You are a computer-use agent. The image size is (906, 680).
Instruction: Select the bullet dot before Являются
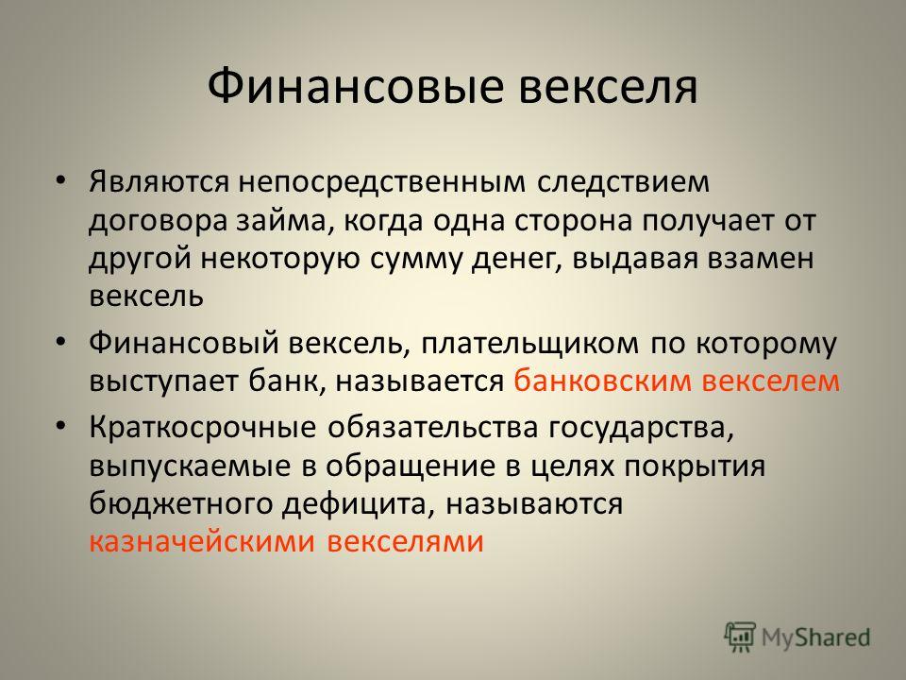click(60, 179)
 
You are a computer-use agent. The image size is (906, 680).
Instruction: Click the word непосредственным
click(382, 182)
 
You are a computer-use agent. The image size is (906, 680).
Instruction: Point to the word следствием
click(624, 182)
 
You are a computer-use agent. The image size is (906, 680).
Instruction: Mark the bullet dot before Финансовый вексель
click(60, 341)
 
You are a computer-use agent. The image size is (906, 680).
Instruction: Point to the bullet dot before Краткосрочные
click(60, 425)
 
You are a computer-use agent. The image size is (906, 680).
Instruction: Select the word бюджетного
click(181, 503)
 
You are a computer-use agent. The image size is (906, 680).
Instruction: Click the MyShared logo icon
click(740, 637)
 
